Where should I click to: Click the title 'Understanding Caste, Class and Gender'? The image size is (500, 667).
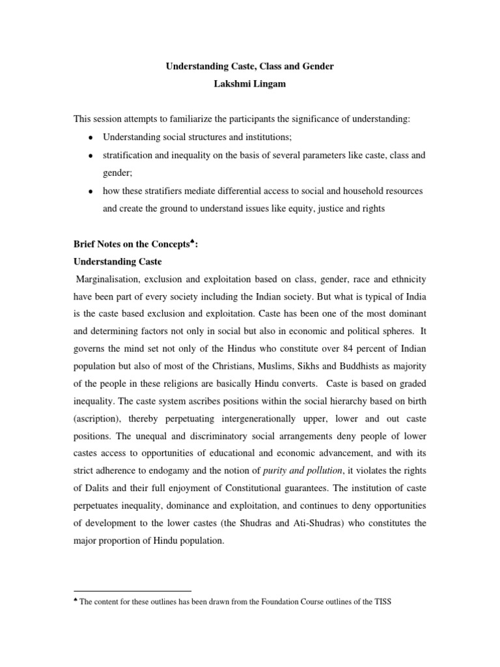[249, 67]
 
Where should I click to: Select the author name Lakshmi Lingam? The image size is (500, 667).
[249, 85]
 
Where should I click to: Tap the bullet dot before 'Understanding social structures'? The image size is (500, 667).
[90, 139]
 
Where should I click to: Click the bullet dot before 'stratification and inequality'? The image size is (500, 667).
[90, 156]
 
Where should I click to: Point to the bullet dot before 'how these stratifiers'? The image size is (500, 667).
[90, 192]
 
